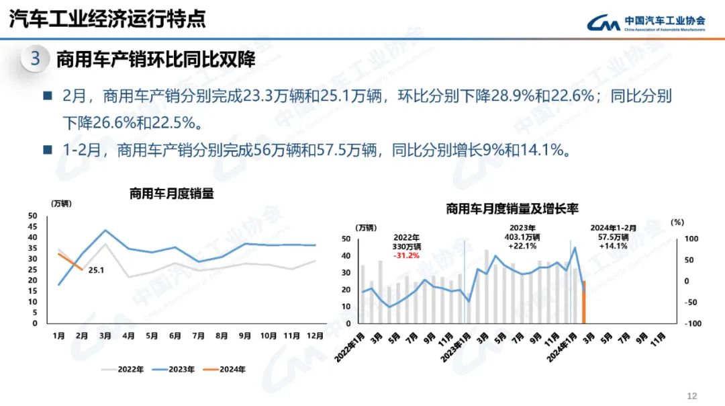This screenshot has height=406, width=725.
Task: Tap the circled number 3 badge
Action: pyautogui.click(x=36, y=59)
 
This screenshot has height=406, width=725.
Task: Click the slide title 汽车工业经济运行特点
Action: pyautogui.click(x=107, y=19)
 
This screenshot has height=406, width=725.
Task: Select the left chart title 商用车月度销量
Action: pyautogui.click(x=172, y=194)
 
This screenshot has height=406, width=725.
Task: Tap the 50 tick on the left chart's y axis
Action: pyautogui.click(x=33, y=216)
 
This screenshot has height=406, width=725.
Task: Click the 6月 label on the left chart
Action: pyautogui.click(x=175, y=335)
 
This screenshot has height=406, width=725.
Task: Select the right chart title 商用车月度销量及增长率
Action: pyautogui.click(x=512, y=209)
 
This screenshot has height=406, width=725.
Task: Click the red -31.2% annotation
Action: pyautogui.click(x=406, y=255)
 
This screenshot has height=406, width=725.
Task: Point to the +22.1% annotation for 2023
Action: pyautogui.click(x=522, y=246)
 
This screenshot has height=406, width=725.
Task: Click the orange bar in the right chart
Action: pyautogui.click(x=584, y=302)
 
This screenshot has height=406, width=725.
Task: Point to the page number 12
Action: pyautogui.click(x=693, y=395)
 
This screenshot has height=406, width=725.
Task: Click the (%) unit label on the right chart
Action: pyautogui.click(x=677, y=222)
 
